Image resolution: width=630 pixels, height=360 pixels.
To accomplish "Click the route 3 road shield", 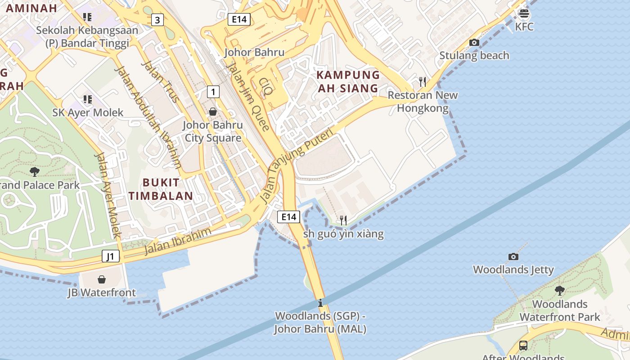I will pyautogui.click(x=157, y=20).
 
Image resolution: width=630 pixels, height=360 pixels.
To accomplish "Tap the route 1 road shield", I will pyautogui.click(x=213, y=92).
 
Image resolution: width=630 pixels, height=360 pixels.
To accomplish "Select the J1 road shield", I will pyautogui.click(x=110, y=256).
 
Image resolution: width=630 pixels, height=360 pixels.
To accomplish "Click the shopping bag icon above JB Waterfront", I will pyautogui.click(x=102, y=279).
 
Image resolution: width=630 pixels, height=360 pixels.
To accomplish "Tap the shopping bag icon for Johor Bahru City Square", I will pyautogui.click(x=213, y=112).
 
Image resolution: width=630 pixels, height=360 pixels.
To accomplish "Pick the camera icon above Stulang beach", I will pyautogui.click(x=474, y=43).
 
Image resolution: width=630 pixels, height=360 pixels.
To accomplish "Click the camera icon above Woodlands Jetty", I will pyautogui.click(x=513, y=257).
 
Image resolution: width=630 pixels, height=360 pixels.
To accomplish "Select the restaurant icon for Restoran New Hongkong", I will pyautogui.click(x=422, y=81).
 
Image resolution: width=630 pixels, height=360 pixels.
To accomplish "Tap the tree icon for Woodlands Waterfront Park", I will pyautogui.click(x=559, y=290).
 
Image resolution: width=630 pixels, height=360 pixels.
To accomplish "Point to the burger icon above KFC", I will pyautogui.click(x=524, y=13).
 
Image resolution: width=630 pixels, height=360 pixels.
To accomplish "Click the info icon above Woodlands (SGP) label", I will pyautogui.click(x=320, y=303).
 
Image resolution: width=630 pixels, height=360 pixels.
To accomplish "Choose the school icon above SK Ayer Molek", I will pyautogui.click(x=87, y=99).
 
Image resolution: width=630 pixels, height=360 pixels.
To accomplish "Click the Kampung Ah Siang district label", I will pyautogui.click(x=348, y=81).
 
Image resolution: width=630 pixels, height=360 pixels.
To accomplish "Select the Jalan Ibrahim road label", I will pyautogui.click(x=177, y=242).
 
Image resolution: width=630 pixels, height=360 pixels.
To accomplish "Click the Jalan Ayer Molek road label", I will pyautogui.click(x=108, y=195).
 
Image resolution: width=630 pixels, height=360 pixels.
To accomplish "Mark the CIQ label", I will pyautogui.click(x=265, y=86).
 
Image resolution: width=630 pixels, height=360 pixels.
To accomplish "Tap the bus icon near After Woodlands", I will pyautogui.click(x=523, y=346).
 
